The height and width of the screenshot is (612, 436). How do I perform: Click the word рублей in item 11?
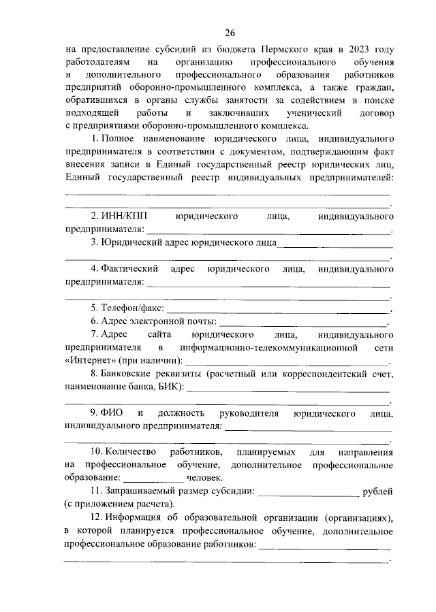coord(377,491)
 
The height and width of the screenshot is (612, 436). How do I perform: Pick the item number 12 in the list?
coord(96,518)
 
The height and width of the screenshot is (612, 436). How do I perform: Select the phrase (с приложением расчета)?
coord(119,504)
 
